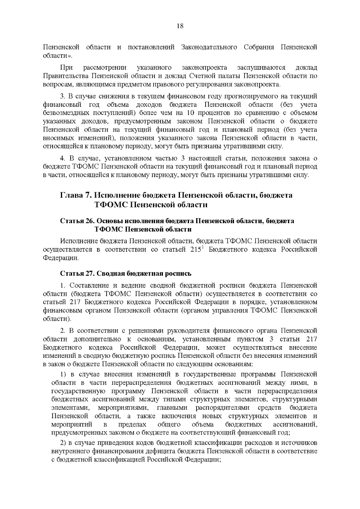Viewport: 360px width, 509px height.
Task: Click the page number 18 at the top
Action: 180,26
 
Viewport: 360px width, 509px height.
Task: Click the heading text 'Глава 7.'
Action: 76,195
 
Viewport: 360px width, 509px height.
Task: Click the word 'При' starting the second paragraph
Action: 66,67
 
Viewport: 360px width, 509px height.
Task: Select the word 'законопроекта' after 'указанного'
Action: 204,67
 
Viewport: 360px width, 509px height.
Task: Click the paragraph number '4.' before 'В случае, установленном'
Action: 62,158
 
